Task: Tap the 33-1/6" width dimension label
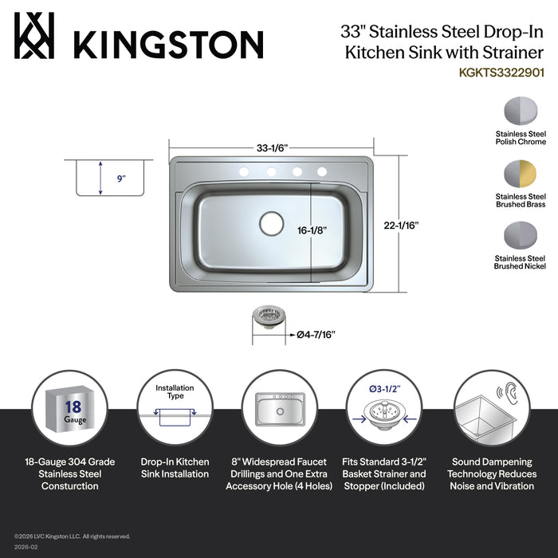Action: point(271,147)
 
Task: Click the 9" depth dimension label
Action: point(120,179)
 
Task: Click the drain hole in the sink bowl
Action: point(271,223)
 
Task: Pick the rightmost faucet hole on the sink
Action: point(323,171)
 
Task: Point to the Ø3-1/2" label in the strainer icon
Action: point(383,390)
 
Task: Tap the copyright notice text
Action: point(72,536)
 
